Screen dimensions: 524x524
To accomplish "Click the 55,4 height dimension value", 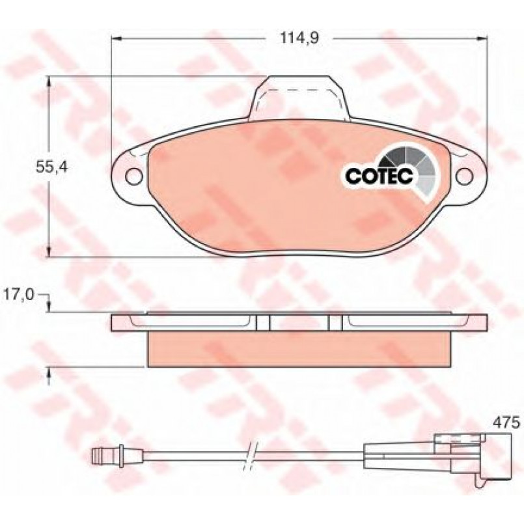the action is click(52, 166).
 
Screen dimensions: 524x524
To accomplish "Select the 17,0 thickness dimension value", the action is click(19, 295).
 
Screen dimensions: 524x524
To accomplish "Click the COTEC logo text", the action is click(379, 176).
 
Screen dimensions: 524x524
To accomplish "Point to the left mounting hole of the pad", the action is click(134, 176).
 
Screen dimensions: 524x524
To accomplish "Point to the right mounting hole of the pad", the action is click(465, 176).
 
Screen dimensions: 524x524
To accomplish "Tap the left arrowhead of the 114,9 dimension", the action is click(115, 39).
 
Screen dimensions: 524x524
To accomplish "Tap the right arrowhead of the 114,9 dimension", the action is click(483, 39).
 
